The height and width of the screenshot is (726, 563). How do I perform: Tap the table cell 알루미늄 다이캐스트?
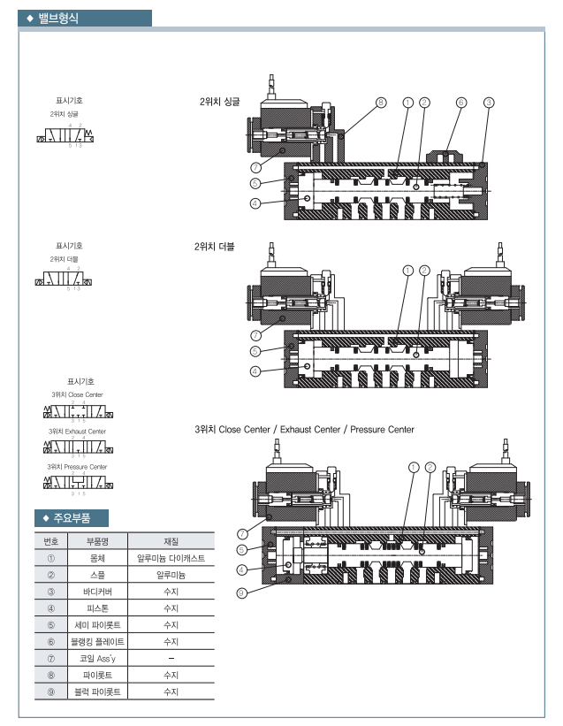[x=171, y=558]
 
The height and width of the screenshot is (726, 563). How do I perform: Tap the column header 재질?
[x=171, y=540]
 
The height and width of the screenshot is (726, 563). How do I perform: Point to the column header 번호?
[x=50, y=540]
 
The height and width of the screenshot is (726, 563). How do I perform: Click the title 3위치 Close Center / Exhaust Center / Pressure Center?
[x=304, y=429]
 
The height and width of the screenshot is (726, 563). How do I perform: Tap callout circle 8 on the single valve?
[x=381, y=103]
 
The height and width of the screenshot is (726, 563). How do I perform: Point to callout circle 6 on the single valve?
[x=460, y=103]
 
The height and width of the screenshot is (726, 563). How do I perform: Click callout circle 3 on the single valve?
[x=489, y=103]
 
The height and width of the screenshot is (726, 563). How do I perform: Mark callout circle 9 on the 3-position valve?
[x=240, y=592]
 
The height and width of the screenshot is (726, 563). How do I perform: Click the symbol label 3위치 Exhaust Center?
[x=77, y=432]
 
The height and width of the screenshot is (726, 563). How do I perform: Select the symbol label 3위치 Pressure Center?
[x=77, y=466]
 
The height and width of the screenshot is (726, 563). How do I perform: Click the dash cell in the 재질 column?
[x=171, y=659]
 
